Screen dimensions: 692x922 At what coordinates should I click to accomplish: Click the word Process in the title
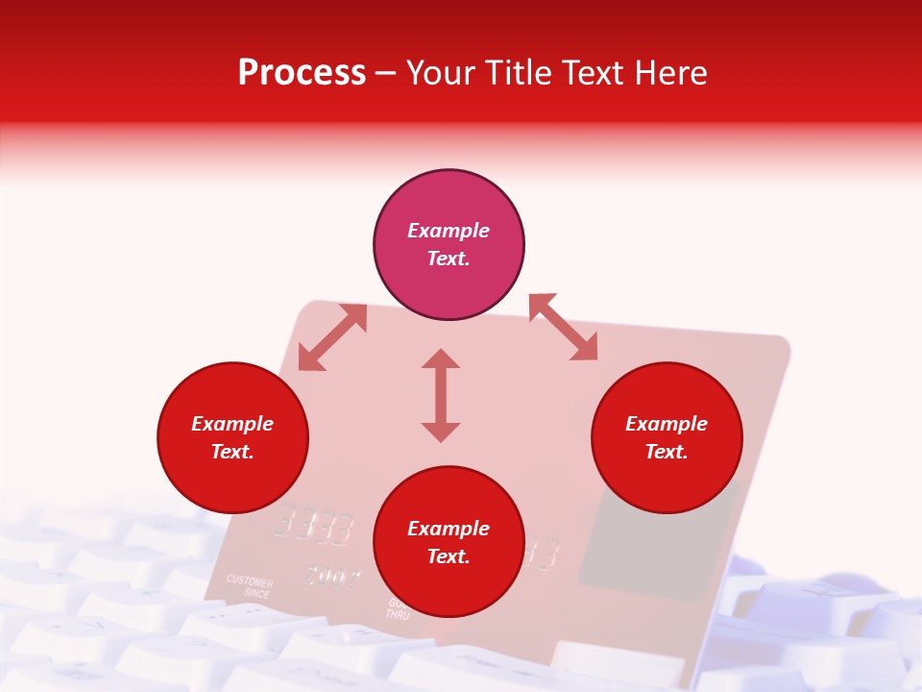302,73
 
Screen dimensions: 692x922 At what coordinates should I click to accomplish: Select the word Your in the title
446,73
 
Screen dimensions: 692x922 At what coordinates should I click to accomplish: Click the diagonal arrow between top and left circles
332,337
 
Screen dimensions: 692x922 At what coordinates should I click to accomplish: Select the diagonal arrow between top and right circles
563,327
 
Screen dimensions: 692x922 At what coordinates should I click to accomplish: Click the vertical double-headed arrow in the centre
441,395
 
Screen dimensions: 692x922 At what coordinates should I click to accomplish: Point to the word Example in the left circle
232,424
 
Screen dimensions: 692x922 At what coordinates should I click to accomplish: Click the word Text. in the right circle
667,452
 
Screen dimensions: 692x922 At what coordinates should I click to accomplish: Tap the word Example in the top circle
449,231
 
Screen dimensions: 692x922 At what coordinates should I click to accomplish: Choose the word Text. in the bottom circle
449,556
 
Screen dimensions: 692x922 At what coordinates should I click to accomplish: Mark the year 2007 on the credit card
333,578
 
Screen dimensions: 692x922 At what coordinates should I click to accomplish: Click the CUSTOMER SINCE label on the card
250,588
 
